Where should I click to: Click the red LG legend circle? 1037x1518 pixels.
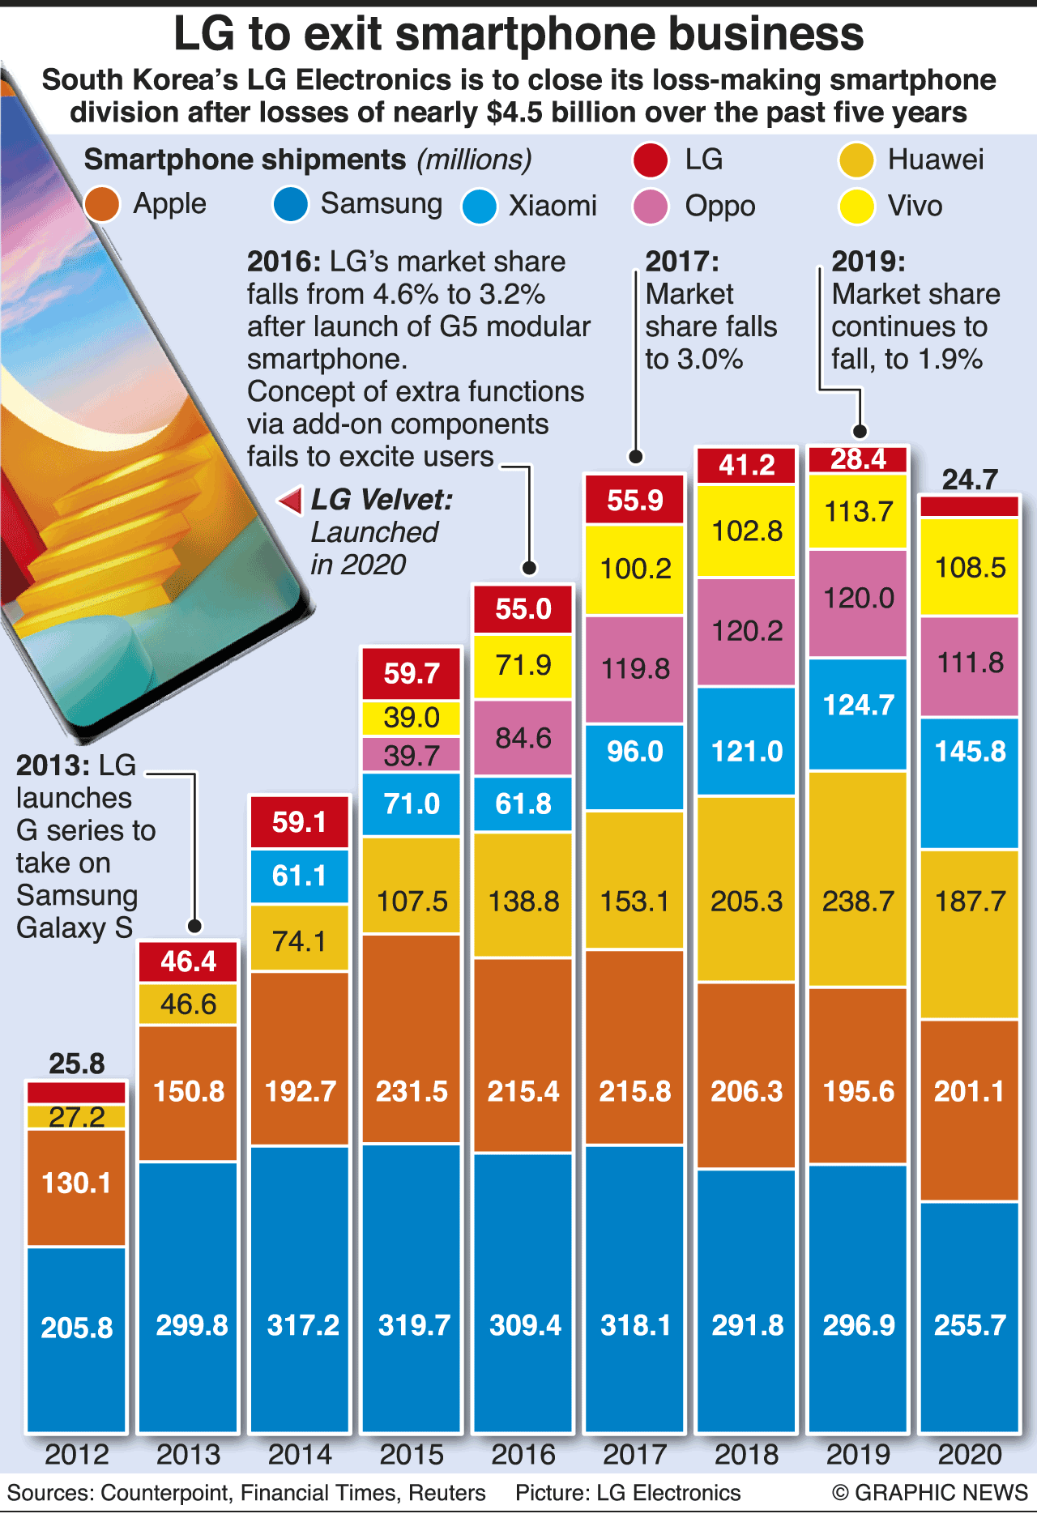(651, 160)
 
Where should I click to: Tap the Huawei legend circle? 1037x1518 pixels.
(856, 160)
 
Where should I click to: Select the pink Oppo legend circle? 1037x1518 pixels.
(651, 207)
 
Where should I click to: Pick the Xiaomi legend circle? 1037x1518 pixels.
(479, 207)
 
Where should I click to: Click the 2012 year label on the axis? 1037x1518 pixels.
(76, 1454)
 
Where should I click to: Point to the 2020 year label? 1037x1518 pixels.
(970, 1454)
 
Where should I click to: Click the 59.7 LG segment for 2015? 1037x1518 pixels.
(412, 673)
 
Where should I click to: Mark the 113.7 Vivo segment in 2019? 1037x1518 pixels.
(858, 512)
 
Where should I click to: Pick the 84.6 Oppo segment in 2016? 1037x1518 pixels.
(523, 738)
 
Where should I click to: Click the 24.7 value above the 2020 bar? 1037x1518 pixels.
(970, 480)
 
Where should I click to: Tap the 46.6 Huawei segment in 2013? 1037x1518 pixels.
(188, 1004)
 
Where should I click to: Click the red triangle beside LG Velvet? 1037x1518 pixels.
(291, 501)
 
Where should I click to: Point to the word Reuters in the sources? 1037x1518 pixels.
(446, 1492)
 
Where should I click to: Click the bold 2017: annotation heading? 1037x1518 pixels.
(682, 262)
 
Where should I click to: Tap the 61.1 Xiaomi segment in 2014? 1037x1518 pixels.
(300, 876)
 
